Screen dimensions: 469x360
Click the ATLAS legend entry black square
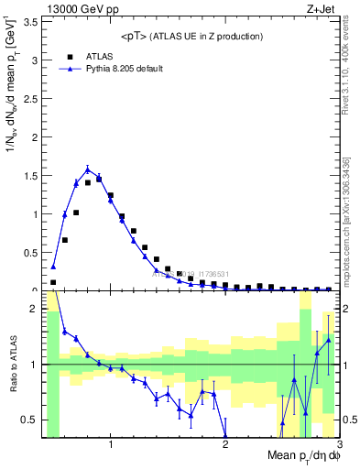pyautogui.click(x=67, y=56)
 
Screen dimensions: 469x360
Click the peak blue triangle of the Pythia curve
pyautogui.click(x=88, y=169)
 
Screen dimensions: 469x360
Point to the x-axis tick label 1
pyautogui.click(x=111, y=445)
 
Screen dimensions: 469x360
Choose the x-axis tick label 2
pyautogui.click(x=225, y=445)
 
